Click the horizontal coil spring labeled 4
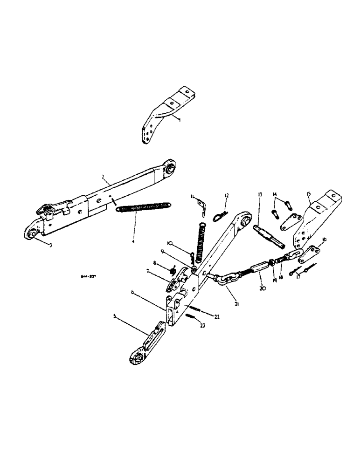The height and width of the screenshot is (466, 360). point(144,206)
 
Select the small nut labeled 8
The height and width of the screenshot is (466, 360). point(172,269)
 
